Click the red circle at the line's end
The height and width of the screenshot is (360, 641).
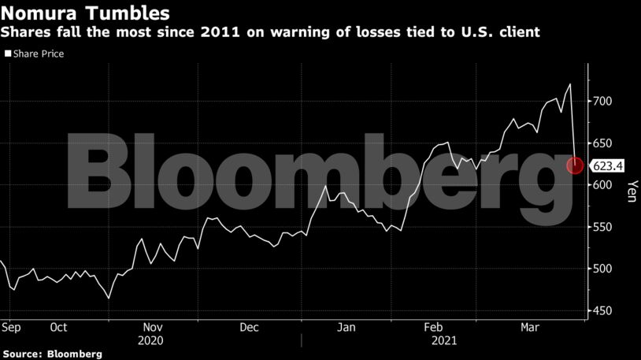[x=575, y=165]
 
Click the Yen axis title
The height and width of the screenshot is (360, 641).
[x=632, y=191]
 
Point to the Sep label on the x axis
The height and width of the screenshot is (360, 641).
[x=11, y=326]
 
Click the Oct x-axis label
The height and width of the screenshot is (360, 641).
[x=58, y=326]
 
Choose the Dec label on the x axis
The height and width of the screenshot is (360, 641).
[x=250, y=326]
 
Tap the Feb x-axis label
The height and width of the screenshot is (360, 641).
[x=434, y=326]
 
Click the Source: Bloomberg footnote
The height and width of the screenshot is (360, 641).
[x=52, y=354]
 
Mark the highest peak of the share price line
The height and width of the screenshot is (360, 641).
[x=569, y=84]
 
